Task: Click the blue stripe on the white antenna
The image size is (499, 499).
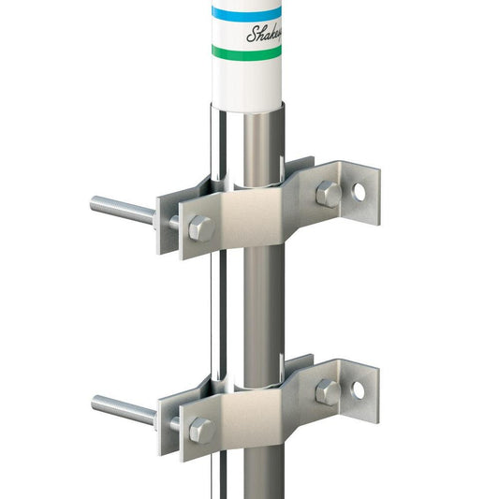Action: coord(246,13)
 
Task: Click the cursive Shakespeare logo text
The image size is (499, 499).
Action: coord(263,35)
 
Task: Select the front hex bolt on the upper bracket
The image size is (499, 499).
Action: coord(200,227)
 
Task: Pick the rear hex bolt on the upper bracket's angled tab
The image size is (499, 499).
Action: coord(327,194)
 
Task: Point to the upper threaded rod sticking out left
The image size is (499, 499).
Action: coord(122,209)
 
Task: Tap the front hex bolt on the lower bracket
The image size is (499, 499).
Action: coord(200,430)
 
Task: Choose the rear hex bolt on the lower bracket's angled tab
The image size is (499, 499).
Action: coord(327,392)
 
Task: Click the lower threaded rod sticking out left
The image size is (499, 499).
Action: coord(122,408)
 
